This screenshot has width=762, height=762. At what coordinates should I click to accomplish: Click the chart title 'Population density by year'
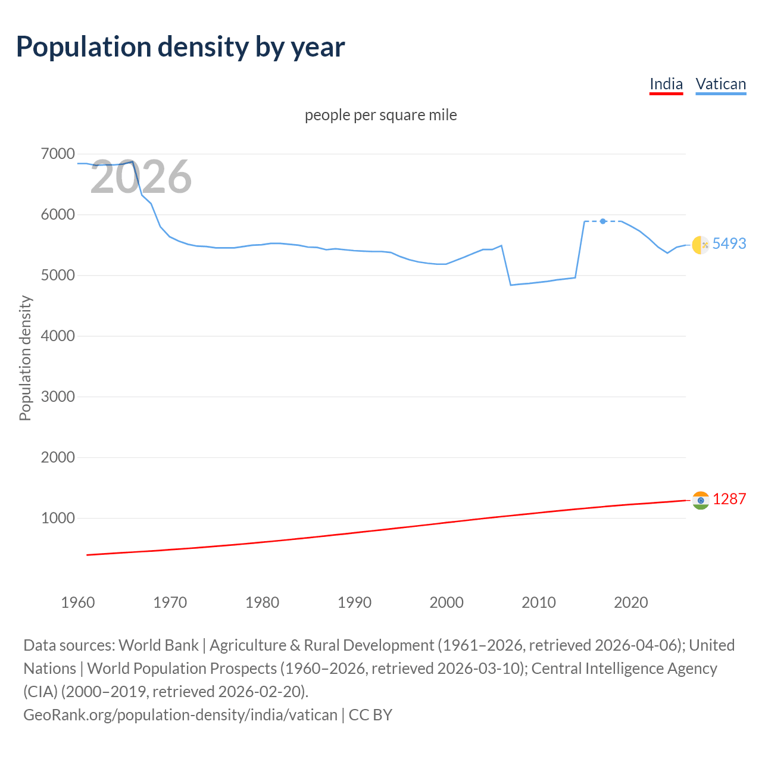coord(180,47)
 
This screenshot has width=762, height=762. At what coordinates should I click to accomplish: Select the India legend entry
coord(666,84)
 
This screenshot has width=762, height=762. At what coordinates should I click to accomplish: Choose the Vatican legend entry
coord(720,84)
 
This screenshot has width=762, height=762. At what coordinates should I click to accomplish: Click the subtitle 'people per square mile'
coord(380,115)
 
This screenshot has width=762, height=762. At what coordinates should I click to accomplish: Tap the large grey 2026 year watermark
coord(140,177)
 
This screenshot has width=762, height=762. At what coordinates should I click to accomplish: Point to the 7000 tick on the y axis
coord(58,154)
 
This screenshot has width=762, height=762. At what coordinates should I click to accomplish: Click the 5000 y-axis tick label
coord(58,276)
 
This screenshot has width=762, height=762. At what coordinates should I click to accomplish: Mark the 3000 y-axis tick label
coord(58,397)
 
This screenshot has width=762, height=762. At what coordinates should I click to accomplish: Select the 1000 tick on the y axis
coord(58,519)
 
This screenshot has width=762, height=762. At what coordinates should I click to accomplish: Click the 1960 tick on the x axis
coord(78,602)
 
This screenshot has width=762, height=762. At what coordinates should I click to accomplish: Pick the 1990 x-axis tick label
coord(354,602)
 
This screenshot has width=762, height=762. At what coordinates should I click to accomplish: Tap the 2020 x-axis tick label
coord(630,602)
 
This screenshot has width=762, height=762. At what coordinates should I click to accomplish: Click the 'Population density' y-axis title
coord(25,358)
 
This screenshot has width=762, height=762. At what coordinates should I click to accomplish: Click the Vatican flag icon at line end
coord(701,245)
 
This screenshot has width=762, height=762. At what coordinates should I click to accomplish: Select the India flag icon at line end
coord(701,500)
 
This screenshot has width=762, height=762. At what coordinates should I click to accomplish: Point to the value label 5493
coord(729,243)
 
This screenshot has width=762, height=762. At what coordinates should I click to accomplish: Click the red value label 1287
coord(729,499)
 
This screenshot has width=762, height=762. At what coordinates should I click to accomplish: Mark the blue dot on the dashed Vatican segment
coord(603,221)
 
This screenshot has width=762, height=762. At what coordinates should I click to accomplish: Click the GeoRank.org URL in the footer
coord(180,714)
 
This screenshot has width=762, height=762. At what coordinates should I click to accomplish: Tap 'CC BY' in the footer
coord(370,714)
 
